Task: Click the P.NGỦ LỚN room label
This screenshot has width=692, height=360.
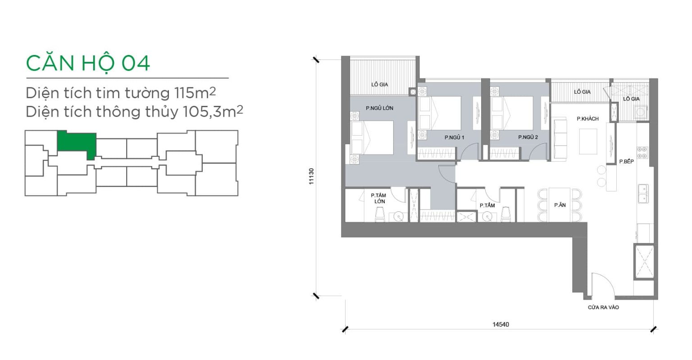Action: [379, 108]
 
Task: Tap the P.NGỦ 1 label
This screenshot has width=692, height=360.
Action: [454, 137]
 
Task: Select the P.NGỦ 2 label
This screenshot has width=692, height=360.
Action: [528, 137]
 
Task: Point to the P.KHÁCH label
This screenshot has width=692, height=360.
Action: [587, 118]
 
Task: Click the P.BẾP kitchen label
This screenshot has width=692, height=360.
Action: [627, 161]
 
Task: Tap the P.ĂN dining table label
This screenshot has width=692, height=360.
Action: [560, 205]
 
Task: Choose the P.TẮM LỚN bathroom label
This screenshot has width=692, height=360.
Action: [379, 198]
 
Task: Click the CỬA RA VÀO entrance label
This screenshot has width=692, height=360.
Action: [603, 307]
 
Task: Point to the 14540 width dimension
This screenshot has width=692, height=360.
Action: [501, 324]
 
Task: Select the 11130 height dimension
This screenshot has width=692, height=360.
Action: [311, 177]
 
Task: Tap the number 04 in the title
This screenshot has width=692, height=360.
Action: [136, 64]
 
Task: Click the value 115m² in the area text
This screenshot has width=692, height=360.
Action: [195, 93]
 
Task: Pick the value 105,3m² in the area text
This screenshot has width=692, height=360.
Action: [213, 112]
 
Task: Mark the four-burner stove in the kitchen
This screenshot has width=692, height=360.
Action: [642, 153]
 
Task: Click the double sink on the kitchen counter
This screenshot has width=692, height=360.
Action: [643, 193]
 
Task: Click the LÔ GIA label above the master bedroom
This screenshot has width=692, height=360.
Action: [380, 84]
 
